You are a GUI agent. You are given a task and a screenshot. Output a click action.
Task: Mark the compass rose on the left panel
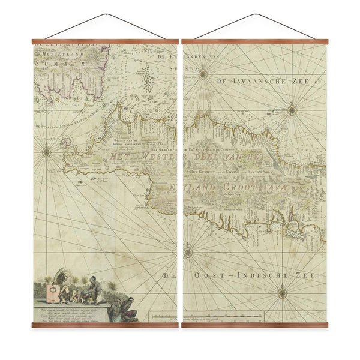[x=47, y=152]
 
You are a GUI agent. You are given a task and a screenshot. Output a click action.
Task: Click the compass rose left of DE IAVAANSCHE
[x=203, y=74]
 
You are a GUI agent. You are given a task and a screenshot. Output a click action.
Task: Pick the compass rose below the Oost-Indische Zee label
[x=282, y=293]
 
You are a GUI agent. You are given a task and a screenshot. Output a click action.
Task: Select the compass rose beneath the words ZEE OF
[x=292, y=109]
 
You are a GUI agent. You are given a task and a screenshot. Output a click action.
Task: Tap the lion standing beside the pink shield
[x=62, y=282]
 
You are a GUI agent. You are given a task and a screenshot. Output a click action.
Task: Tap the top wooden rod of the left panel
[x=105, y=42]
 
